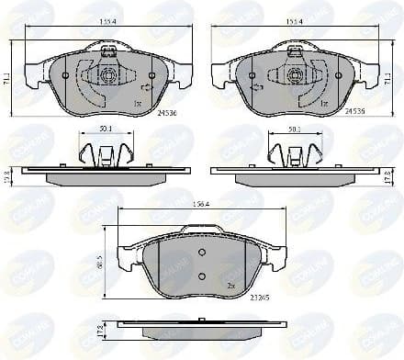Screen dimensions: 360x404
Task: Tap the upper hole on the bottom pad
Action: (x=202, y=253)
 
